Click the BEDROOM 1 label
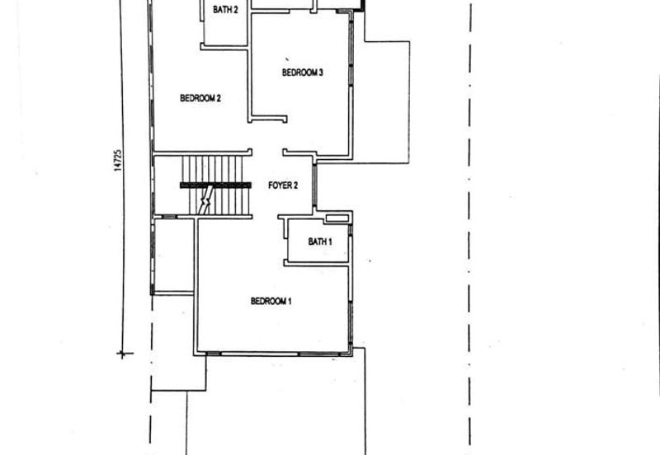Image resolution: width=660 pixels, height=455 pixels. pyautogui.click(x=271, y=301)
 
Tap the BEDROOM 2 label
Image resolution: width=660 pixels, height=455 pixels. pyautogui.click(x=200, y=98)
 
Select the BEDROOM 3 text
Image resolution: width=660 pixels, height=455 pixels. pyautogui.click(x=302, y=73)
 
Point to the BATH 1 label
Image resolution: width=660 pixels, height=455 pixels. pyautogui.click(x=320, y=242)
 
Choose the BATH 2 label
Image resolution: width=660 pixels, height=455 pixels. pyautogui.click(x=225, y=9)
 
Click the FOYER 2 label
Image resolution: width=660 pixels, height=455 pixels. pyautogui.click(x=283, y=185)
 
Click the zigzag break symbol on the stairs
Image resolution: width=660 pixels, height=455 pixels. pyautogui.click(x=205, y=201)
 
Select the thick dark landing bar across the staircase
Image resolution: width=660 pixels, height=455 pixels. pyautogui.click(x=215, y=185)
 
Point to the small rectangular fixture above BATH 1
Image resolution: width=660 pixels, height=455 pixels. pyautogui.click(x=337, y=218)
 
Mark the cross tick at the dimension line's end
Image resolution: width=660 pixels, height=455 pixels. pyautogui.click(x=122, y=354)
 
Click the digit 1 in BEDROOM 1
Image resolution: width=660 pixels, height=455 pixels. pyautogui.click(x=290, y=301)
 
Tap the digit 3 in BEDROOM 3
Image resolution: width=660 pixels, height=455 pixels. pyautogui.click(x=320, y=73)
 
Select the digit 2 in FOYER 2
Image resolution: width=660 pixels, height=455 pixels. pyautogui.click(x=295, y=185)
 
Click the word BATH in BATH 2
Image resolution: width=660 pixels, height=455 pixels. pyautogui.click(x=221, y=9)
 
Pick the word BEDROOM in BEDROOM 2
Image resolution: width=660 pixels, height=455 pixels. pyautogui.click(x=197, y=98)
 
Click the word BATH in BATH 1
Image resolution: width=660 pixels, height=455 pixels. pyautogui.click(x=317, y=242)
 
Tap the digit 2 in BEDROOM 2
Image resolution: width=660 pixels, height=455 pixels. pyautogui.click(x=219, y=98)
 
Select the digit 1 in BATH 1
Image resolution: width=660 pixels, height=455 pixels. pyautogui.click(x=329, y=242)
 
